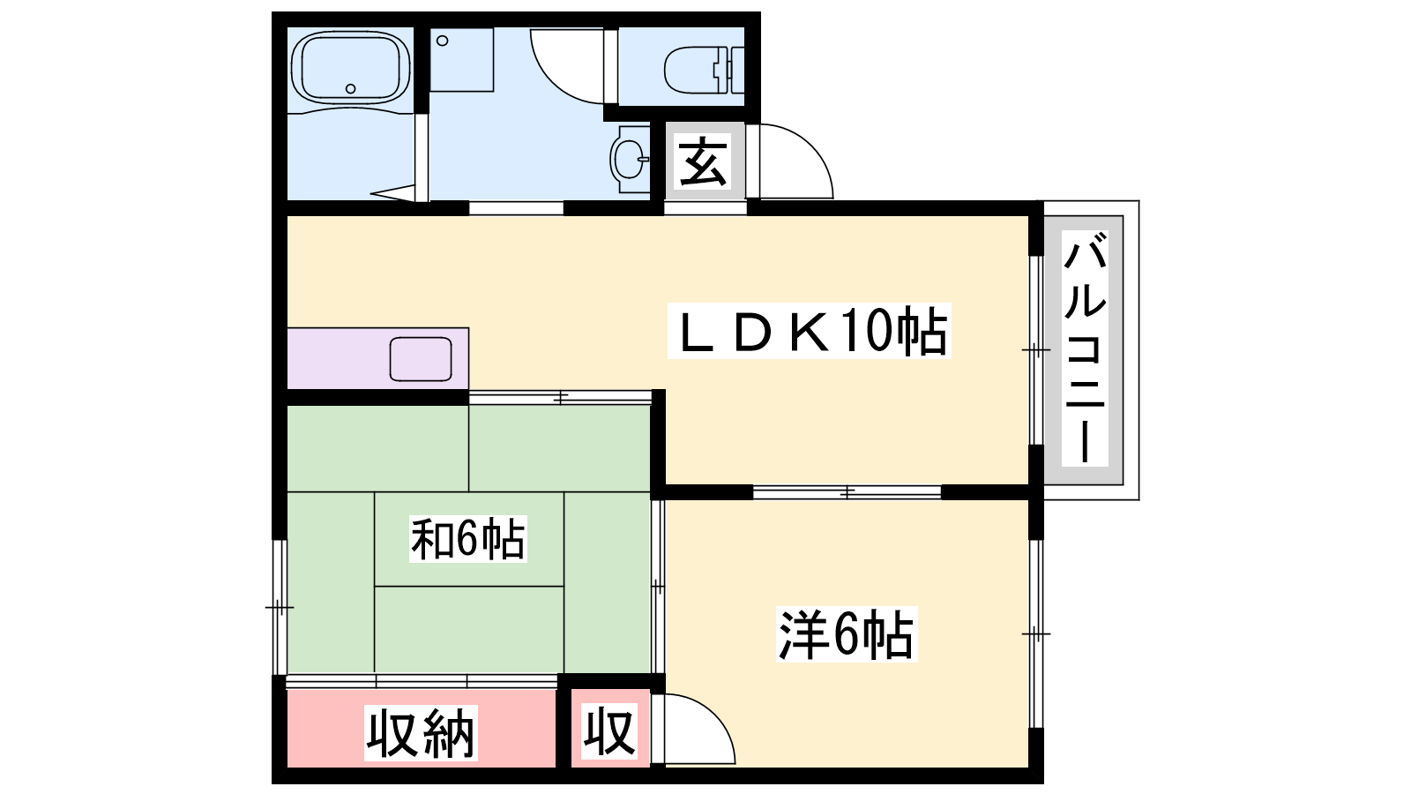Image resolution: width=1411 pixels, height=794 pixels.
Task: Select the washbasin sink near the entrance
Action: click(630, 159)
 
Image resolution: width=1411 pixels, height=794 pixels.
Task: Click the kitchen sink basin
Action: click(420, 359)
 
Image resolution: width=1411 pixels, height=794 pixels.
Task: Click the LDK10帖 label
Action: click(810, 332)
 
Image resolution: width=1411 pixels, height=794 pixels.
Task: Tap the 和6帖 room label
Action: click(467, 539)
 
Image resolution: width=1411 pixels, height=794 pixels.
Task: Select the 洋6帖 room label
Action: click(846, 634)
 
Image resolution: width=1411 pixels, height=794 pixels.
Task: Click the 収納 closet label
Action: click(421, 733)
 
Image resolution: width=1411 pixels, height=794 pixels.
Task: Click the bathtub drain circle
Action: click(351, 89)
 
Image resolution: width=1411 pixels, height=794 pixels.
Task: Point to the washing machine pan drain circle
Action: click(442, 41)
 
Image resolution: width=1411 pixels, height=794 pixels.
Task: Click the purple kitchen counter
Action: click(378, 358)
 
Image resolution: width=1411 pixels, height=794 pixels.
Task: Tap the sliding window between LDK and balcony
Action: click(1036, 349)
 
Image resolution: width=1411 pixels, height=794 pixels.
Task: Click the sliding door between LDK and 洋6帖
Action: click(847, 491)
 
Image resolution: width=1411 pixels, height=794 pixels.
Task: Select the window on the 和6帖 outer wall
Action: click(279, 608)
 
